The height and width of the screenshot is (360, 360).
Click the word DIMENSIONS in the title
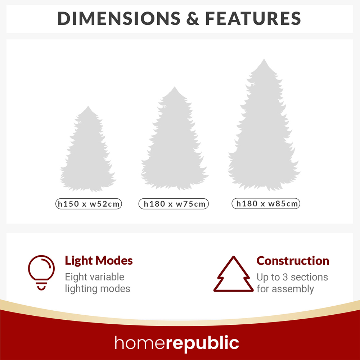(118, 18)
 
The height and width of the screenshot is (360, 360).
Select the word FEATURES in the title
(253, 18)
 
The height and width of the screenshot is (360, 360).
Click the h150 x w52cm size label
(89, 204)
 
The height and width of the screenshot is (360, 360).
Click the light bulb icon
(41, 273)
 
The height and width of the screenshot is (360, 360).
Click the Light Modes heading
(99, 261)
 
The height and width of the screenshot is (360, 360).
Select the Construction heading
(293, 261)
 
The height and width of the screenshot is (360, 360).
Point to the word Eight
(76, 277)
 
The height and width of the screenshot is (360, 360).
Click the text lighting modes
(98, 288)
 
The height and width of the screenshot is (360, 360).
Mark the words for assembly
(285, 289)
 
